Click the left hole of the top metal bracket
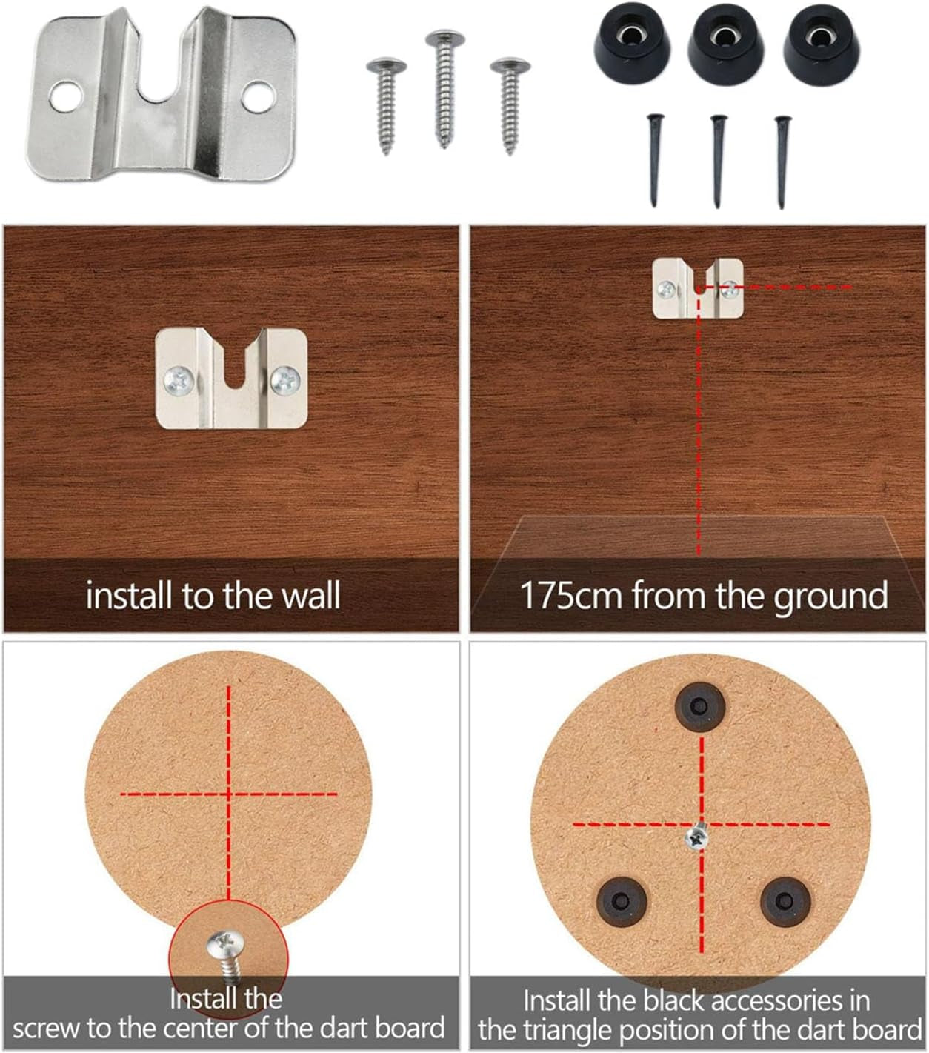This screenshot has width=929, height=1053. tap(66, 97)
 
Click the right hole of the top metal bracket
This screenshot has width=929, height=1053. tap(259, 96)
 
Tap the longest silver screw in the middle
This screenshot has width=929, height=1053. tap(444, 88)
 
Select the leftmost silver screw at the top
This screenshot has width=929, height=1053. tap(386, 104)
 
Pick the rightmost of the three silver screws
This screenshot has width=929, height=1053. tap(510, 104)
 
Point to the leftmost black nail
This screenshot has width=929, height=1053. tap(655, 160)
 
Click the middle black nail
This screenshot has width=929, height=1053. tap(718, 161)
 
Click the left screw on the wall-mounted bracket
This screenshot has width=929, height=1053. tap(179, 380)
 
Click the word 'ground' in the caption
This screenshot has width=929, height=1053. tap(830, 598)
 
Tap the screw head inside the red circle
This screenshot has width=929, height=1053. tap(225, 946)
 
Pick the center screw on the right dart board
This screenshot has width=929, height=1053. tap(696, 837)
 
